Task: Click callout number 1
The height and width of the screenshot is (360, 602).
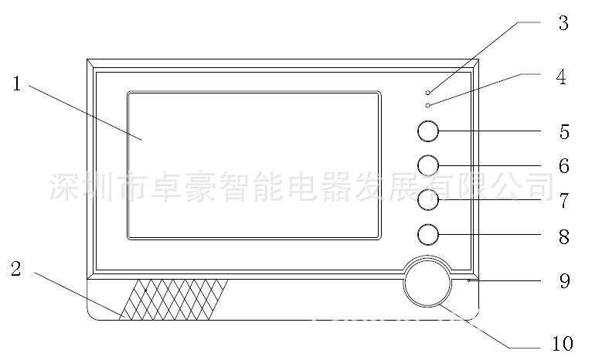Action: coord(16,83)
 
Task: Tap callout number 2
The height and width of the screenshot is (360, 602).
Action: coord(15,269)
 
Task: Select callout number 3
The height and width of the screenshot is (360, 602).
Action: coord(563,23)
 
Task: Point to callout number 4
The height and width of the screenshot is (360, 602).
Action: coord(561,77)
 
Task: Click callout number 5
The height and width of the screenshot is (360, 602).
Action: coord(564,131)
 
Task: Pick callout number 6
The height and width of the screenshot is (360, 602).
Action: coord(563,166)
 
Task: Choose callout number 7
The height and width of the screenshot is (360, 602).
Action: coord(563,201)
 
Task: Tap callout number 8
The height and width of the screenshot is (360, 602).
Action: coord(563,237)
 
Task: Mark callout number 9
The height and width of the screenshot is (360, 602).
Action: coord(564,281)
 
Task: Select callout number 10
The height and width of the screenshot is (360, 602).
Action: coord(563,343)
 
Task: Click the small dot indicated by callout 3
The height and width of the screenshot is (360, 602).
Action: coord(427,93)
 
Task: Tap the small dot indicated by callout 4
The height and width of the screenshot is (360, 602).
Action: coord(427,105)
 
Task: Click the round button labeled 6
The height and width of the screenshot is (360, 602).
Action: coord(428,165)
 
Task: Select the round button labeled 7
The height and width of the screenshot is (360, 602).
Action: coord(428,200)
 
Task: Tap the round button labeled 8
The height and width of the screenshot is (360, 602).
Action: coord(428,235)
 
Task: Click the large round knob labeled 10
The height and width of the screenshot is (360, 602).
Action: coord(427,282)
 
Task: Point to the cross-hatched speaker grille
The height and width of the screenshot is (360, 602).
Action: coord(174,300)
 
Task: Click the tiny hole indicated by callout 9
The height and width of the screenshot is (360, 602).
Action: coord(469,281)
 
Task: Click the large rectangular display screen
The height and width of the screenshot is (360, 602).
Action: coord(254,165)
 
